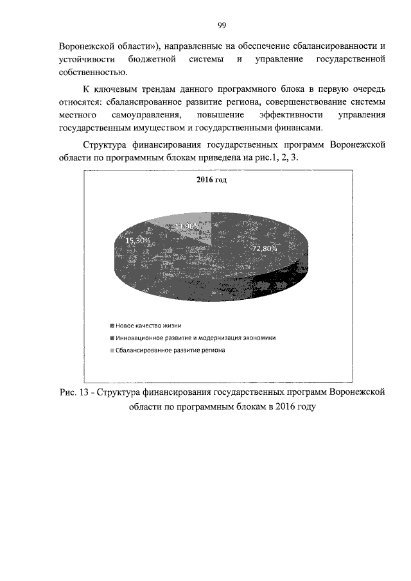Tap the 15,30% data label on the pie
(x=138, y=239)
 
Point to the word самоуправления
(x=149, y=115)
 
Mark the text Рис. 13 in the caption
(x=73, y=392)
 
